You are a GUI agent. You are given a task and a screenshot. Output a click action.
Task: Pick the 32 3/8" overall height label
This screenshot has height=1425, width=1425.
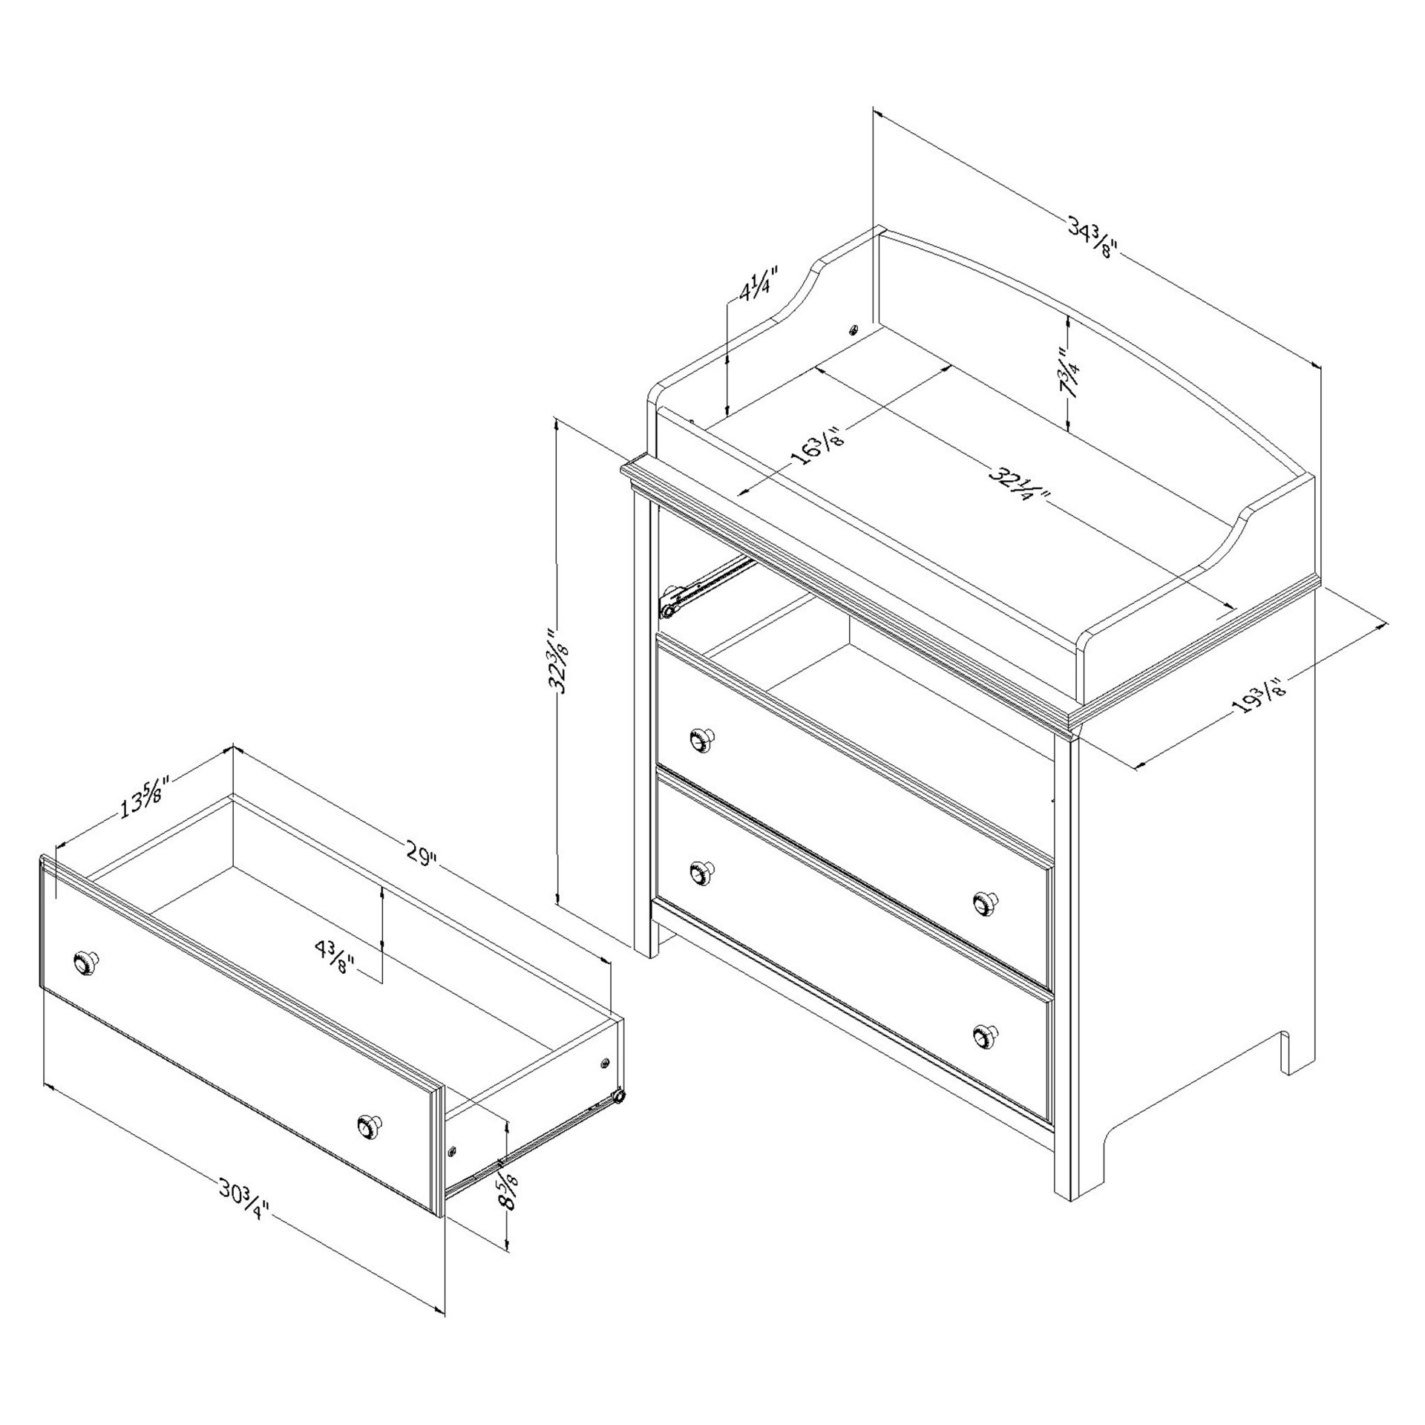[559, 661]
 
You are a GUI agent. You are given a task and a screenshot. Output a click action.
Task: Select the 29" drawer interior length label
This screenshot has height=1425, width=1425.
[419, 855]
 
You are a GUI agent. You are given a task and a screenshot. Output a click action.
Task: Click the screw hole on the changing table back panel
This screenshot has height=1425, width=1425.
[854, 329]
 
